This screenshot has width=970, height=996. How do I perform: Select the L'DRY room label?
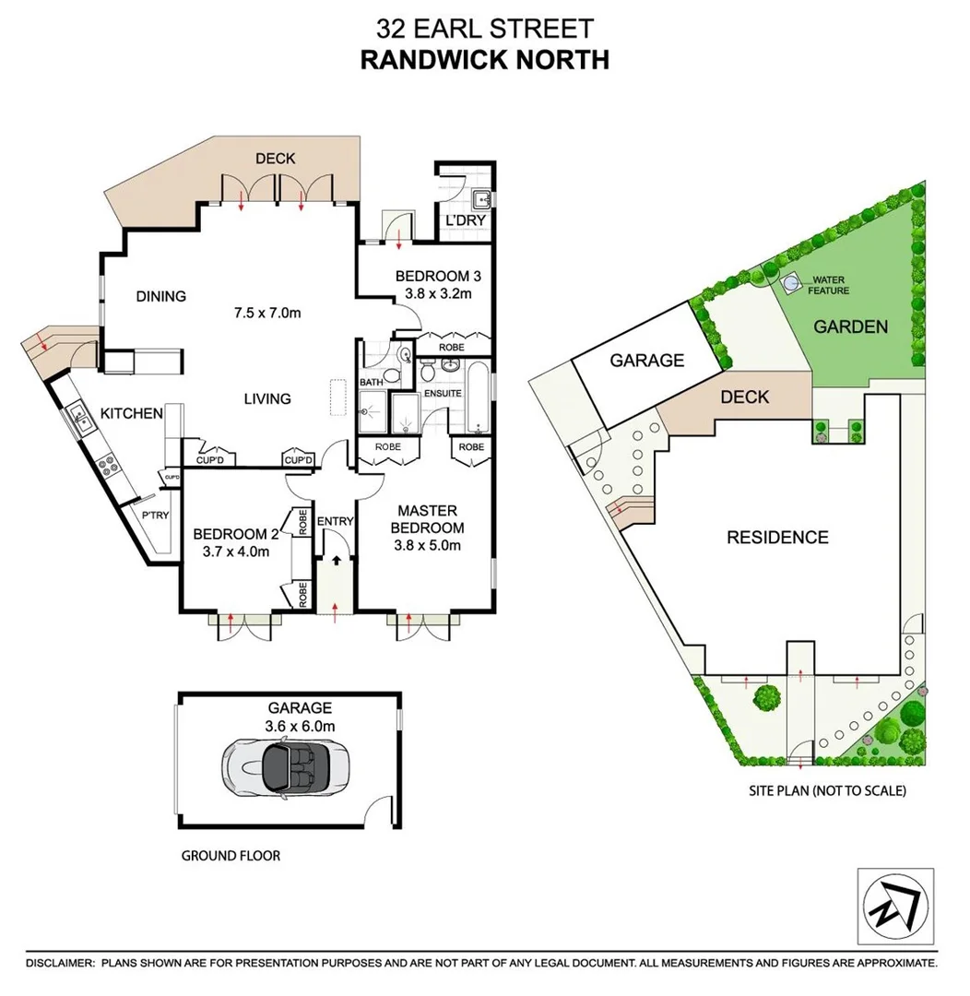pos(465,222)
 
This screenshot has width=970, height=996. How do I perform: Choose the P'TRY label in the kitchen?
pos(154,516)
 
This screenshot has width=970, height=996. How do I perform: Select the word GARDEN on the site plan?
pos(850,326)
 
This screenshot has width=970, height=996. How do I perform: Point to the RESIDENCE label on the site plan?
pos(777,538)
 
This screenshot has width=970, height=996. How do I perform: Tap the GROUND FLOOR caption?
pos(231,856)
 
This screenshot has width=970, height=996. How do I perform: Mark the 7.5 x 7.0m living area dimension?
pos(266,313)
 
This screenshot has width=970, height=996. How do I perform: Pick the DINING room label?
pos(161,296)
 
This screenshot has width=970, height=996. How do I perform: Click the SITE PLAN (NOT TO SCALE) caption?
pos(827,790)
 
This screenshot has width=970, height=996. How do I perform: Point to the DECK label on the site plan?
pos(744,397)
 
